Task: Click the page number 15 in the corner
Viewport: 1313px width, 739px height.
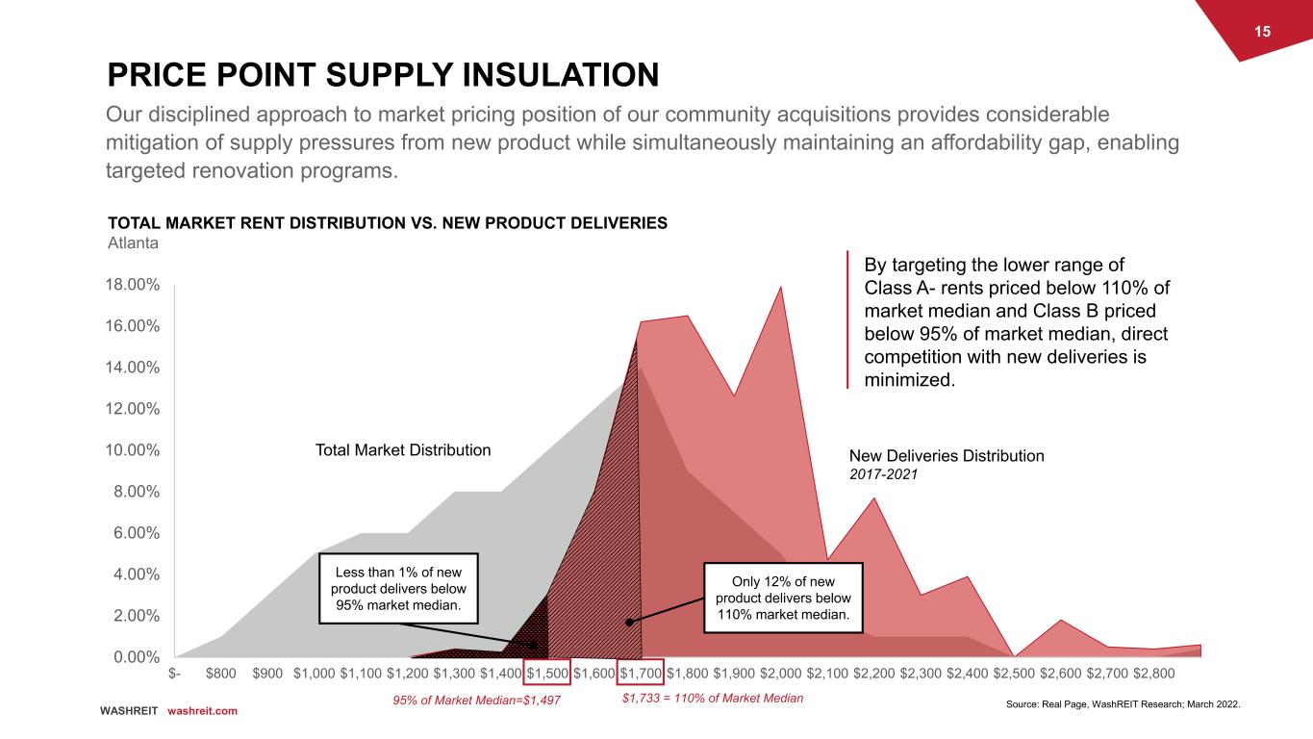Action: click(1262, 32)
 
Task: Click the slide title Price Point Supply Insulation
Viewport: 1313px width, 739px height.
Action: click(383, 73)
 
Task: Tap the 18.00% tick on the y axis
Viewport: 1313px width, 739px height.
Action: click(133, 285)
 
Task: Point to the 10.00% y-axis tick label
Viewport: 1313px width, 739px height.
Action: click(133, 450)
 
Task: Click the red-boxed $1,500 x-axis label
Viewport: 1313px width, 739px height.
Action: click(547, 673)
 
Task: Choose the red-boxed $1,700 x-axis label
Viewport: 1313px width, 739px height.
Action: click(640, 673)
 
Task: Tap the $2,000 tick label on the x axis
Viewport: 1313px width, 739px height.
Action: click(780, 673)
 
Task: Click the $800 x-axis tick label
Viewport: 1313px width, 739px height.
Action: click(222, 673)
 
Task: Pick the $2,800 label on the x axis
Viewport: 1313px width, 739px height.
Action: click(1154, 673)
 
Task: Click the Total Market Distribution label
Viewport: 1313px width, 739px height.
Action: click(403, 450)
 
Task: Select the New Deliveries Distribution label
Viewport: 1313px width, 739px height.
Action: click(947, 456)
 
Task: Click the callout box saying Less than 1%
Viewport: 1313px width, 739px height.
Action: click(398, 589)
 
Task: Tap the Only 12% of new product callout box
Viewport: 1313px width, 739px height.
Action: click(784, 598)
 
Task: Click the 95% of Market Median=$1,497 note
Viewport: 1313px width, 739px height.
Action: click(476, 700)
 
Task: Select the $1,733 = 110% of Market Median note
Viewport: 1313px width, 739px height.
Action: click(713, 698)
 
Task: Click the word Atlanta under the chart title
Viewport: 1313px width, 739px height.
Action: click(132, 243)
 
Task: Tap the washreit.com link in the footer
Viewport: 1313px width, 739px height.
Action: click(202, 710)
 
